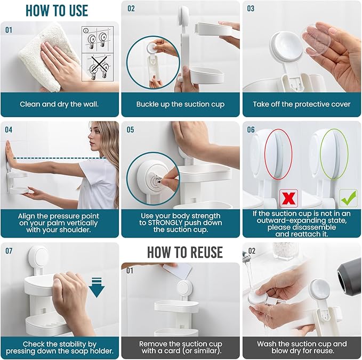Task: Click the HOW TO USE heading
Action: click(57, 10)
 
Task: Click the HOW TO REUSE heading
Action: click(184, 251)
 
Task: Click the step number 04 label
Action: click(9, 129)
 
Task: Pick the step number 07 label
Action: click(9, 250)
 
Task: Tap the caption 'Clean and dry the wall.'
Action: click(60, 104)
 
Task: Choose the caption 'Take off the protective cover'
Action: click(302, 104)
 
